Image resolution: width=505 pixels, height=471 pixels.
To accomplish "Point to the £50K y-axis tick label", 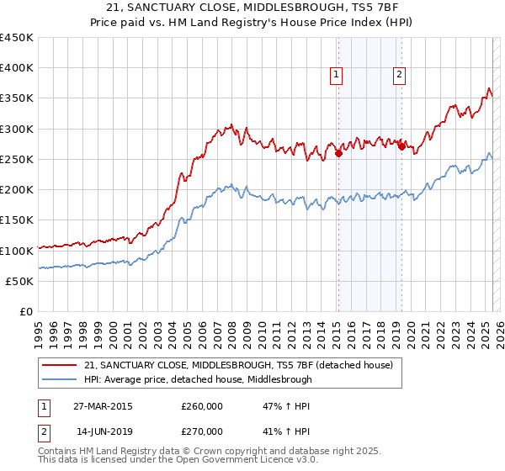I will [x=19, y=281].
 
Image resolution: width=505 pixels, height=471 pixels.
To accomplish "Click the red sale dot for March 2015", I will [x=338, y=153].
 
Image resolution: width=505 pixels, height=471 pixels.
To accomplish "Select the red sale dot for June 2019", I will [x=401, y=147].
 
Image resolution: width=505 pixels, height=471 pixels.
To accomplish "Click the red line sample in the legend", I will [x=61, y=364].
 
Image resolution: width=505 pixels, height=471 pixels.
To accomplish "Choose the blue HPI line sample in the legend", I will [x=61, y=379].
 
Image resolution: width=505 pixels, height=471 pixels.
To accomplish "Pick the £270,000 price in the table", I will [x=202, y=431].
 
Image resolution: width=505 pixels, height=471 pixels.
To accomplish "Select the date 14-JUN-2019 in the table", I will [x=102, y=431].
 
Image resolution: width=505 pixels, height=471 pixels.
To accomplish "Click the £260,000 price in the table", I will [x=202, y=405].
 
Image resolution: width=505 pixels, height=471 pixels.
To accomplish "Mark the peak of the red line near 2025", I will [x=488, y=87].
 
